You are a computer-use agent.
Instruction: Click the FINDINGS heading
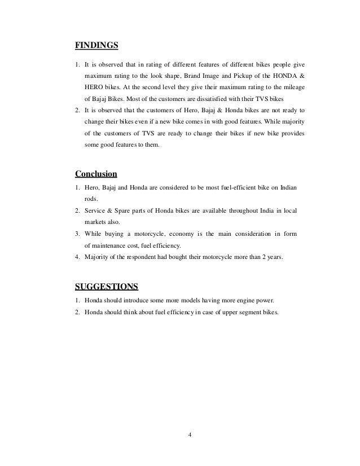point(96,43)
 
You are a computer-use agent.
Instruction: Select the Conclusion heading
point(96,173)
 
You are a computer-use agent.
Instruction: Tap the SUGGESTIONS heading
point(106,284)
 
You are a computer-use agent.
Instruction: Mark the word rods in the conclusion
point(91,199)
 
